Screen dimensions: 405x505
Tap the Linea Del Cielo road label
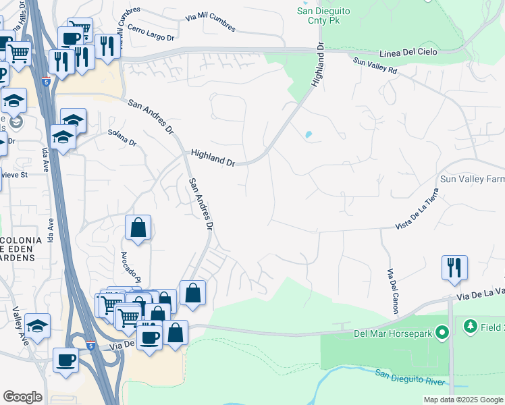pyautogui.click(x=408, y=52)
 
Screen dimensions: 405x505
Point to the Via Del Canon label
pyautogui.click(x=391, y=290)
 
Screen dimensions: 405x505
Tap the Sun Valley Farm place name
pyautogui.click(x=472, y=180)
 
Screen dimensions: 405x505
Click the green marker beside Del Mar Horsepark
pyautogui.click(x=442, y=332)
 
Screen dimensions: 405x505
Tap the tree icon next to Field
pyautogui.click(x=470, y=327)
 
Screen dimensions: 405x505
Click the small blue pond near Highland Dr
pyautogui.click(x=309, y=134)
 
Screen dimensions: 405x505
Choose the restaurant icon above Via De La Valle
pyautogui.click(x=454, y=267)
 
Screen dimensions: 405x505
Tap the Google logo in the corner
pyautogui.click(x=22, y=397)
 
